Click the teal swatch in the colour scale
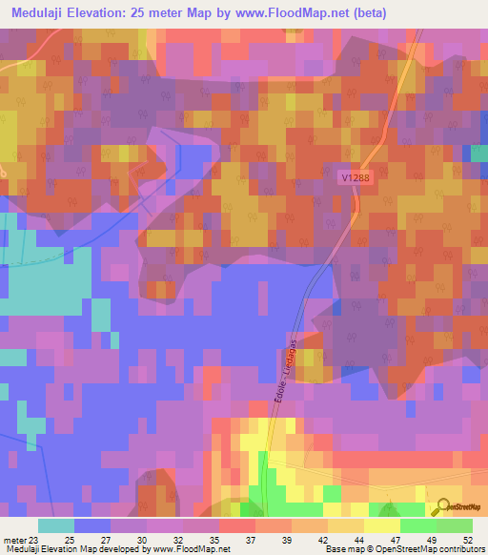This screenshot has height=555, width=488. point(56,524)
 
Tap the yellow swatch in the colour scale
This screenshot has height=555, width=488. point(382,524)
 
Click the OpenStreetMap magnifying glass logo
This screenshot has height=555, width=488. point(442,506)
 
